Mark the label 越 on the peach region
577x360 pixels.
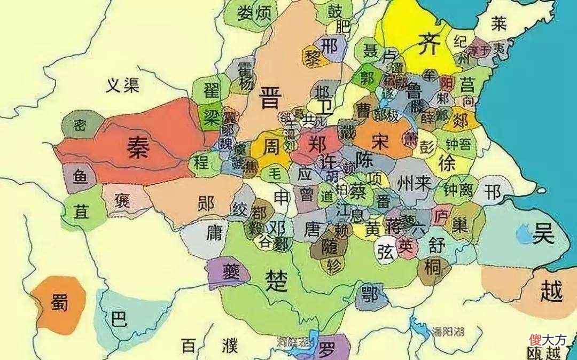click(x=551, y=292)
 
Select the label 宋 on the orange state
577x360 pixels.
click(x=380, y=140)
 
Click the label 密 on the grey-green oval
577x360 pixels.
click(x=80, y=126)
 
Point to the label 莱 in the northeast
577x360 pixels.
click(x=499, y=23)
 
